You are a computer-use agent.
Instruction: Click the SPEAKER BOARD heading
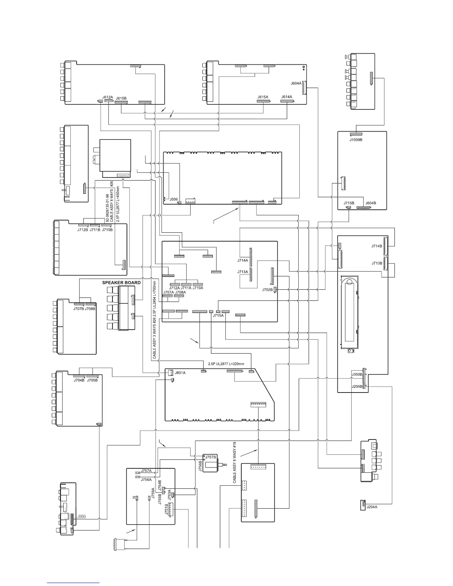point(121,283)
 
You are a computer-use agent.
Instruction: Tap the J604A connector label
point(296,83)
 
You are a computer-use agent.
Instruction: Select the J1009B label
point(356,140)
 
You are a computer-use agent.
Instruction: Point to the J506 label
point(174,199)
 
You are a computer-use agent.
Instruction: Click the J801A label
point(180,373)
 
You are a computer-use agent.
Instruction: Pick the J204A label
point(372,507)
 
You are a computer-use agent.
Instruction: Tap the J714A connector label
point(243,260)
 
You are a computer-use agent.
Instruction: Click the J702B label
point(267,290)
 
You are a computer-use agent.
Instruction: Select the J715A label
point(218,316)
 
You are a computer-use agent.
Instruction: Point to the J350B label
point(357,375)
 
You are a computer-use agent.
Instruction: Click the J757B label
point(211,457)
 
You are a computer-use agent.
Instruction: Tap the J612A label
point(108,97)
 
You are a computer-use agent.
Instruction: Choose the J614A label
point(286,97)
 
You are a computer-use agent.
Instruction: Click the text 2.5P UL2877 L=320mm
point(226,364)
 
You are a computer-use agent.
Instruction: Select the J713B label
point(377,263)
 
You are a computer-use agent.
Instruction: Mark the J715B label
point(349,203)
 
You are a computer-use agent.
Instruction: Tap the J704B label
point(79,380)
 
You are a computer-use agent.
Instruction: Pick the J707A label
point(168,292)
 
